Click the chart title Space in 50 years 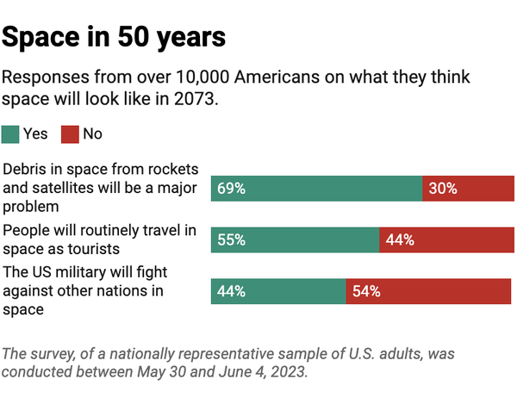tap(114, 37)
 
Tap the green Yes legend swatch tap(10, 134)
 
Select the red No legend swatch tap(70, 134)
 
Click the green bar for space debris tap(316, 189)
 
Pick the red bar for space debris tap(466, 189)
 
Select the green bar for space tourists tap(295, 240)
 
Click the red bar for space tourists tap(445, 240)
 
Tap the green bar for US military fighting tap(278, 291)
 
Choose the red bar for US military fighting tap(428, 291)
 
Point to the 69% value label tap(231, 189)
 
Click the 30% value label tap(442, 189)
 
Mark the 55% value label tap(231, 240)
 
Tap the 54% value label tap(366, 291)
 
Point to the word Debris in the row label tap(26, 168)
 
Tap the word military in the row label tap(90, 273)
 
